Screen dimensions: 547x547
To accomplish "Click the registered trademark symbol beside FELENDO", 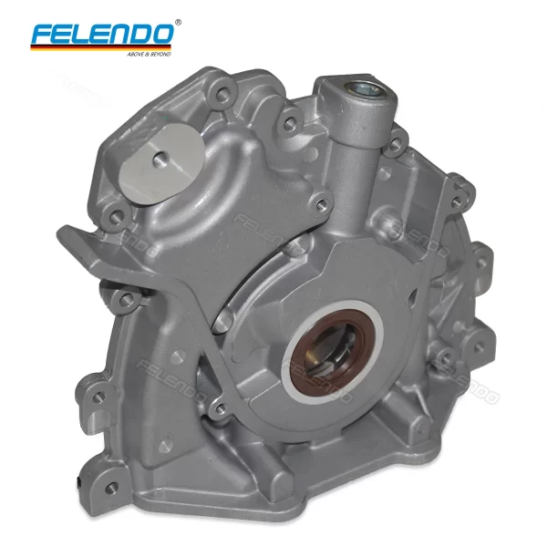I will [177, 21].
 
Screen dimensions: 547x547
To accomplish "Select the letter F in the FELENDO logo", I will [42, 35].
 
